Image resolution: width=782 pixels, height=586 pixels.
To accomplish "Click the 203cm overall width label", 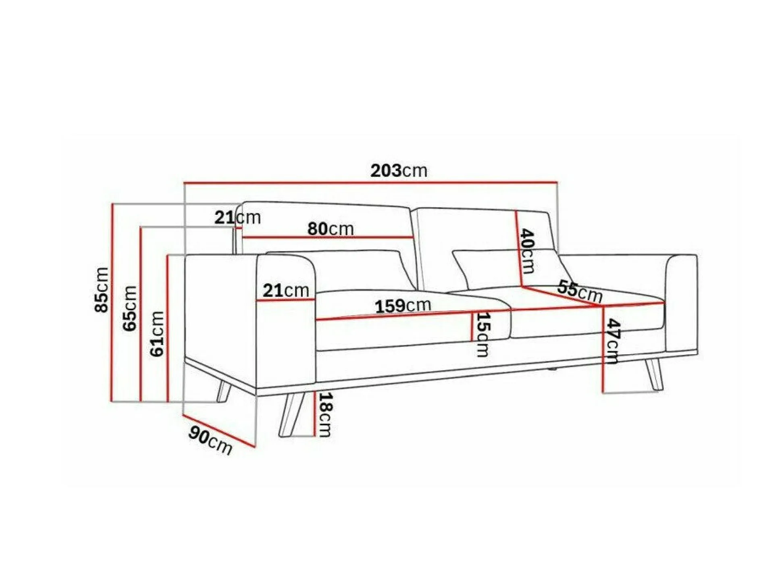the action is click(399, 171).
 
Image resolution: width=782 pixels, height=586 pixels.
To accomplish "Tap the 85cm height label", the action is click(102, 289).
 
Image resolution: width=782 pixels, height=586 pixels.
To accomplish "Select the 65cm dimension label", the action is click(130, 308).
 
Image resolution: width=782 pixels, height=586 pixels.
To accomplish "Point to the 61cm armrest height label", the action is click(157, 334).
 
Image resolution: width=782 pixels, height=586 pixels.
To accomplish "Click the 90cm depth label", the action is click(210, 441).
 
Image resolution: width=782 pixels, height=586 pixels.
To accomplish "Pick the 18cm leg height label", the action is click(325, 415).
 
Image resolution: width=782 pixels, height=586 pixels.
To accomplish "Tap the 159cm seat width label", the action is click(403, 305).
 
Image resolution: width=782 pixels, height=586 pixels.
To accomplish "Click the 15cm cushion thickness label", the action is click(483, 335).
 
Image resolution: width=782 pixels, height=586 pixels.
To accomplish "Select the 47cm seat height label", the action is click(612, 341).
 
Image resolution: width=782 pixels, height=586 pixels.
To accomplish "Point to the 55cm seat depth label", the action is click(580, 291).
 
